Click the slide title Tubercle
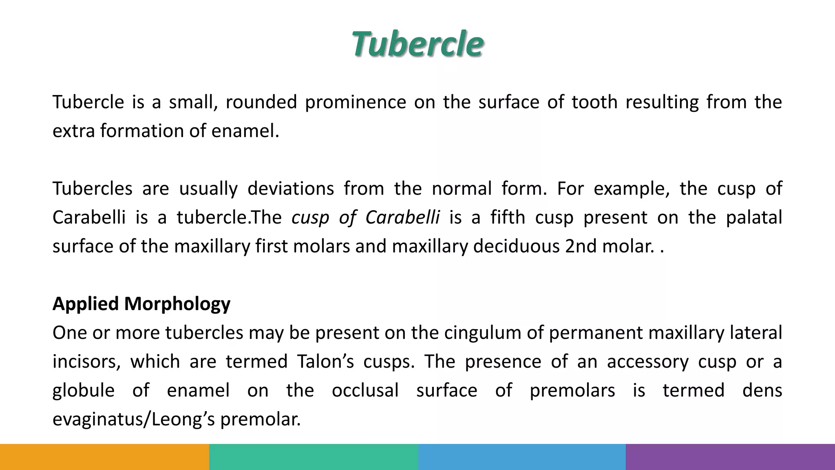point(417,44)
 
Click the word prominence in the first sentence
point(355,102)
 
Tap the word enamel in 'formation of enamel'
point(245,131)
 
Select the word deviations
point(290,188)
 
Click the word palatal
point(754,217)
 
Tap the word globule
point(84,390)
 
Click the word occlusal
point(365,390)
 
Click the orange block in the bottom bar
point(104,457)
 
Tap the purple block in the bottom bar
point(730,457)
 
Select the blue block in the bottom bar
point(522,457)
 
